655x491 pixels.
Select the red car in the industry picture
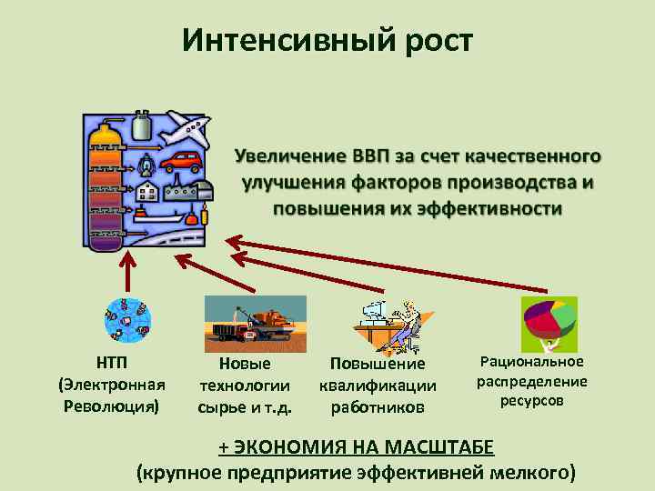point(181,162)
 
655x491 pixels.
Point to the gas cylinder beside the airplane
point(142,128)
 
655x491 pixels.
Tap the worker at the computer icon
point(387,324)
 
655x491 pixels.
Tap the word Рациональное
point(532,362)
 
